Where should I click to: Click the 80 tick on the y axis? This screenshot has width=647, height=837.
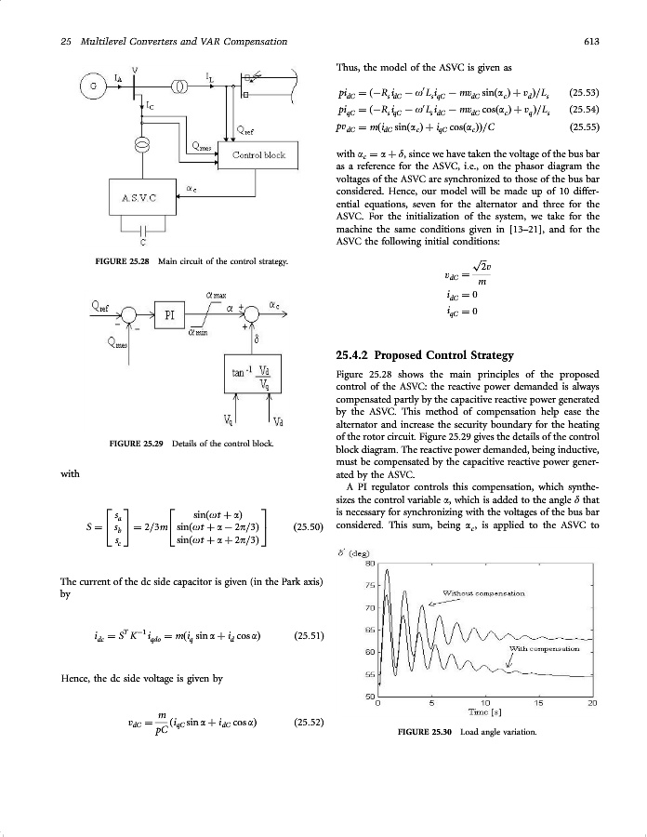(368, 564)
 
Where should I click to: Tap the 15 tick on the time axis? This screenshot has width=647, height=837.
(536, 704)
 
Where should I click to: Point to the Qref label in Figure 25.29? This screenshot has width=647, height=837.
(101, 305)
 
